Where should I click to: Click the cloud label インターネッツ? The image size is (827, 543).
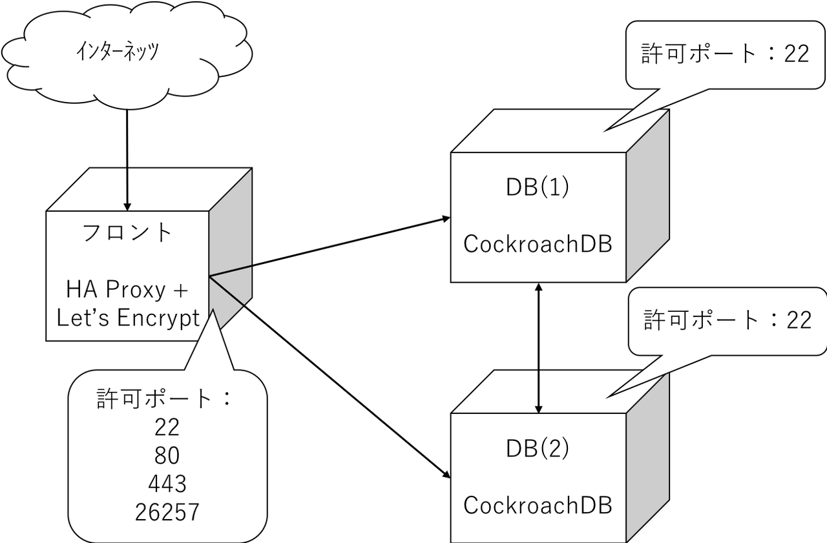(x=117, y=51)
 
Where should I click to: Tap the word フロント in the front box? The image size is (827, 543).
(x=128, y=233)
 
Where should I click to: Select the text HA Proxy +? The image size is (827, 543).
(x=127, y=290)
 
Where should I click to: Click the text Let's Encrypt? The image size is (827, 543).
(x=128, y=318)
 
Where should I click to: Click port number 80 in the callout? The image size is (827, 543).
(x=167, y=456)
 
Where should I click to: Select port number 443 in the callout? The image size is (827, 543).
(x=167, y=484)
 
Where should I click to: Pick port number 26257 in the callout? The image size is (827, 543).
(x=167, y=512)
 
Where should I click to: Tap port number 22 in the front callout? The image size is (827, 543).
(x=167, y=427)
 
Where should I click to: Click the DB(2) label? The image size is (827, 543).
(x=538, y=449)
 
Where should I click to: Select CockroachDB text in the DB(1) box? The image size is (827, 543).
(x=538, y=245)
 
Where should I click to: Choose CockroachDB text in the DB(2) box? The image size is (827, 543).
(x=538, y=506)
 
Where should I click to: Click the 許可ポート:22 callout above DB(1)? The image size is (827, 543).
(x=724, y=54)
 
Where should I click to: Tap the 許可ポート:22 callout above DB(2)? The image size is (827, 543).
(x=727, y=320)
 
